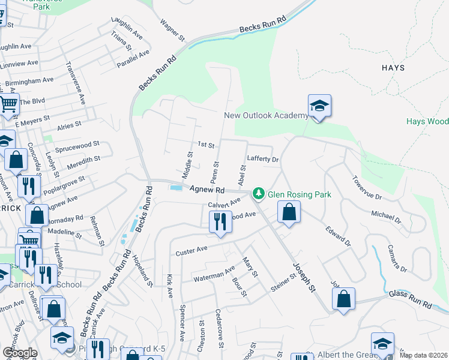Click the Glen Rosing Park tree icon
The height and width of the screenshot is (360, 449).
click(259, 193)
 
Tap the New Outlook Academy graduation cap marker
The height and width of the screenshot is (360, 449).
click(319, 106)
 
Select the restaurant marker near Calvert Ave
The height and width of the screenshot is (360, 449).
click(220, 221)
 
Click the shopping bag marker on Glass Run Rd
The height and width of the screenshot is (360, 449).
click(343, 299)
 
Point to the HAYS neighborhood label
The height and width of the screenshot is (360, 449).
click(393, 68)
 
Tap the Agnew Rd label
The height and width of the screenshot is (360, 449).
click(206, 189)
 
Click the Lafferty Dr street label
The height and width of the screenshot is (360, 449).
click(263, 160)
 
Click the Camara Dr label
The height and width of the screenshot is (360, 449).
click(397, 258)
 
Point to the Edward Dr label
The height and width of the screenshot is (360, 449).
click(337, 239)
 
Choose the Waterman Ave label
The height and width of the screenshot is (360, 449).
click(213, 275)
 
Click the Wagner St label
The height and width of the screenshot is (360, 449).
click(171, 30)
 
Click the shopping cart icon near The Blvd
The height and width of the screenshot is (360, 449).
click(8, 104)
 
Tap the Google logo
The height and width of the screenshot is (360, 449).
click(19, 352)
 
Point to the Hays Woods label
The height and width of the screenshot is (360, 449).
click(427, 121)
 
